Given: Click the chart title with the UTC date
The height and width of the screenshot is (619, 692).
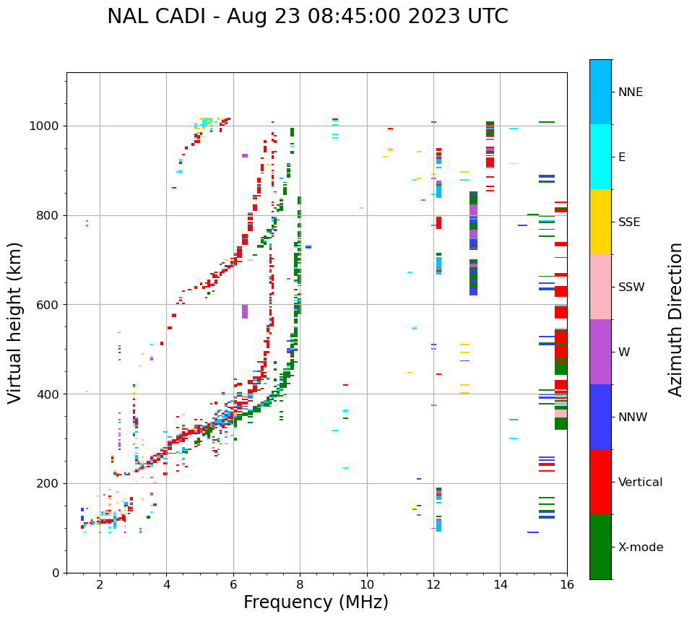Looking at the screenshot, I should coord(307,17).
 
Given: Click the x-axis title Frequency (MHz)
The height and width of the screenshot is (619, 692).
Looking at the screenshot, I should coord(316,602).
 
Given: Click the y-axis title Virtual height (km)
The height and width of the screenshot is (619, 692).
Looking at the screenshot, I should coord(15,323).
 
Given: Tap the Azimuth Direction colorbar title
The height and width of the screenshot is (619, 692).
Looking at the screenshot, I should coord(675,319).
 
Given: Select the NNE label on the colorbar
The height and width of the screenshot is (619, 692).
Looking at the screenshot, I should coord(630,92).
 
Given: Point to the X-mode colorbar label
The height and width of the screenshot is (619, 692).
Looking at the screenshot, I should coord(640,547).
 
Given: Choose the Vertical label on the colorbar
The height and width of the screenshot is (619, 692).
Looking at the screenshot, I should coord(640,482).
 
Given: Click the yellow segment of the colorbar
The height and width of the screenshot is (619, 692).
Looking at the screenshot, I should coord(600,222).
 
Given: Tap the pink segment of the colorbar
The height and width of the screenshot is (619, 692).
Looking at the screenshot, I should coord(600,287).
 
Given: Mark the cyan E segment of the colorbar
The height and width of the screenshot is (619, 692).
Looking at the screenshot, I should coord(600,157).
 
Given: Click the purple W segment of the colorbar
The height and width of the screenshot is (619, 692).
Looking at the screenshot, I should coord(600,352).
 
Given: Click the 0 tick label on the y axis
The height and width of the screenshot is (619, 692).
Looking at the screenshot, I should coord(56,573).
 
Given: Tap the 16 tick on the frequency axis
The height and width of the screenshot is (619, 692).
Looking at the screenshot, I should coord(567,585).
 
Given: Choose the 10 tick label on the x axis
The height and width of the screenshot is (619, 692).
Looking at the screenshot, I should coord(366,585).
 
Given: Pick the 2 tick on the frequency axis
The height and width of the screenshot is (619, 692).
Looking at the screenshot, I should coord(100,585).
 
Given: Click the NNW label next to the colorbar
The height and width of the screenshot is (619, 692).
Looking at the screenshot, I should coord(633,417).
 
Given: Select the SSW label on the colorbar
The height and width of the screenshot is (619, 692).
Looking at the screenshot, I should coord(631,287).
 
